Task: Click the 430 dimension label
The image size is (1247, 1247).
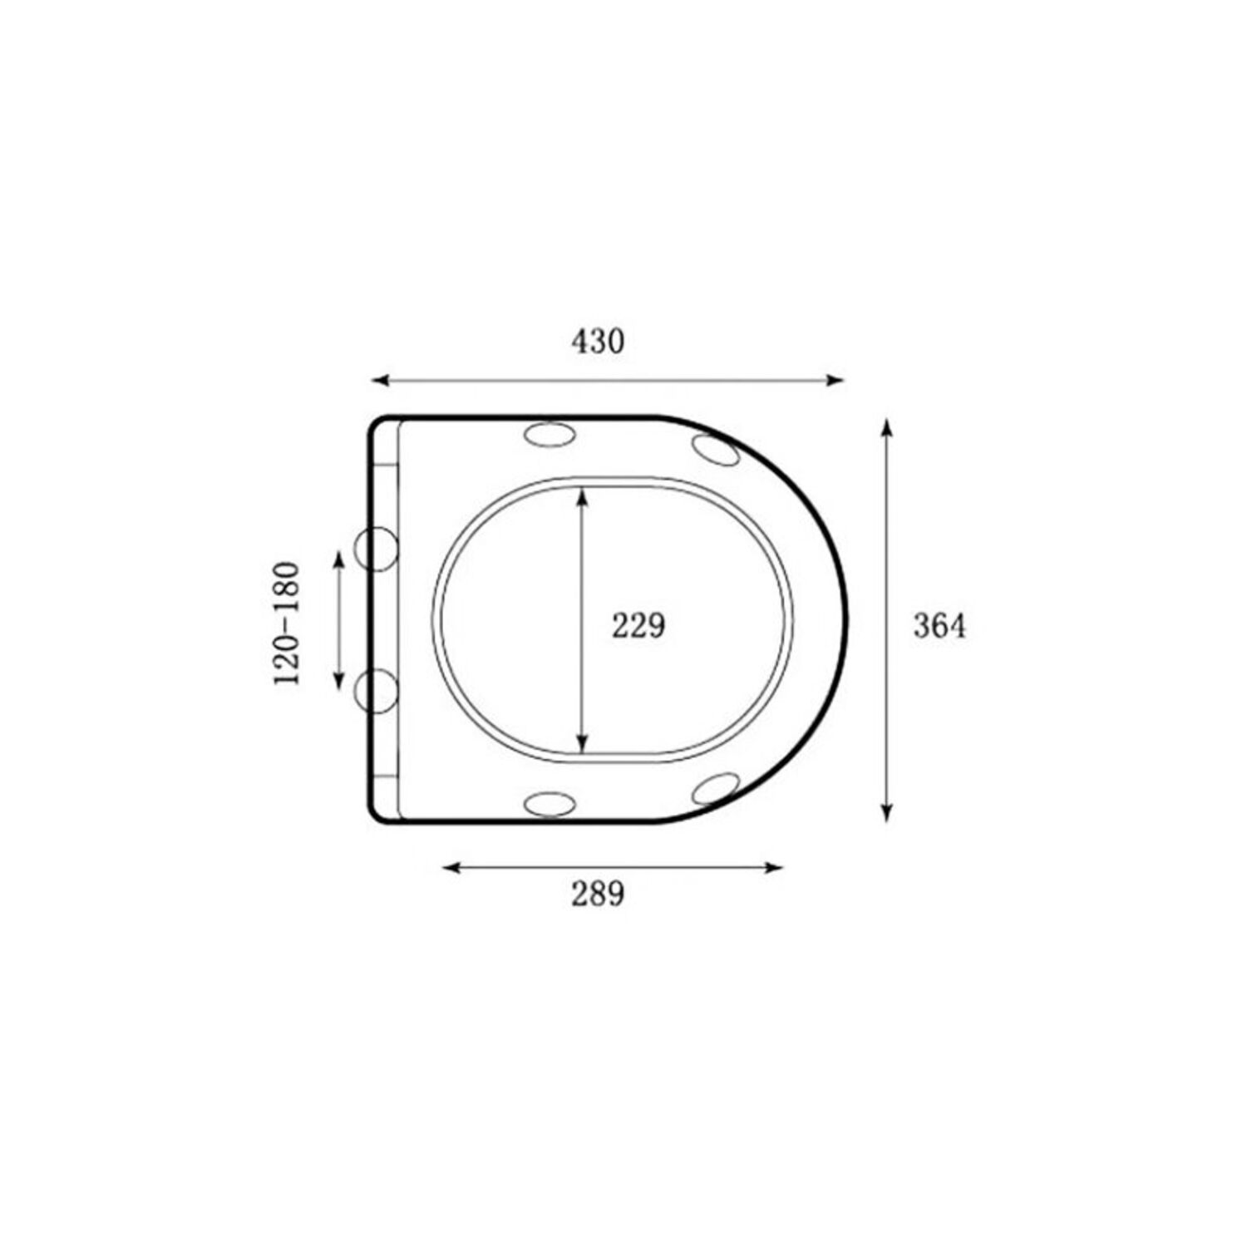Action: click(x=598, y=342)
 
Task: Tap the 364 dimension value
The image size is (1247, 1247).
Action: click(x=939, y=626)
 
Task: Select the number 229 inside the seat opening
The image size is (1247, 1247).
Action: click(x=638, y=625)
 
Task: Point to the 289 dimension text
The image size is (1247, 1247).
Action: click(x=598, y=894)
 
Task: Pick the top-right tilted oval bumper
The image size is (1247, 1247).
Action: click(x=716, y=449)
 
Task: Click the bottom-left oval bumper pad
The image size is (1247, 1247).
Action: click(x=550, y=803)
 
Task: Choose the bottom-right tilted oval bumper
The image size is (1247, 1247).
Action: click(x=716, y=787)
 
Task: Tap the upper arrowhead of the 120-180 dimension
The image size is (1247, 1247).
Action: click(x=338, y=558)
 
